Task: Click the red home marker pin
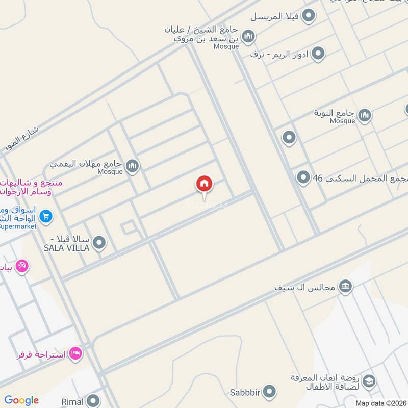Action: tap(205, 184)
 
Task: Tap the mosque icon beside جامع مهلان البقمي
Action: tap(132, 166)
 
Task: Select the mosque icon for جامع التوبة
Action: tap(364, 115)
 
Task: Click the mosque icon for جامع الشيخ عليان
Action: tap(248, 36)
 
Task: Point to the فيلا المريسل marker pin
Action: tap(308, 17)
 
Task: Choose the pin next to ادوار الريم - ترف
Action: tap(318, 54)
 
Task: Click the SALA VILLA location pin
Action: tap(99, 243)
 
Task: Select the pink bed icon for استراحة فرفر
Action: tap(75, 353)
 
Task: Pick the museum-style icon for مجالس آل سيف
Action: tap(346, 287)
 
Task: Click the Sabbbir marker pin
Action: tap(270, 392)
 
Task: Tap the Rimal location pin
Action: tap(93, 400)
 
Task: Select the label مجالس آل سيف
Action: tap(305, 287)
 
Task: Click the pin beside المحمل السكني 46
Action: tap(303, 177)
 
